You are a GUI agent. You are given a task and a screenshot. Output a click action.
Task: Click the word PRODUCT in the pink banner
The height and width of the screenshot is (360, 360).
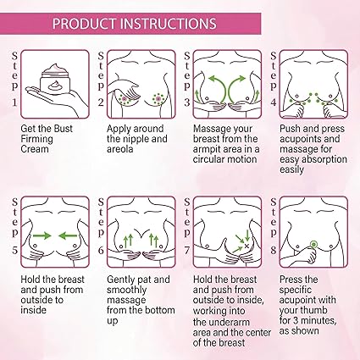(x=85, y=24)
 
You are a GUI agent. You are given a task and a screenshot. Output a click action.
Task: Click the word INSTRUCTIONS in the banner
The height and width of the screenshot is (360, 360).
(x=169, y=24)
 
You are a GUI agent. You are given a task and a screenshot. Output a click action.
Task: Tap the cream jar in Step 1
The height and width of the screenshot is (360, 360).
(x=54, y=80)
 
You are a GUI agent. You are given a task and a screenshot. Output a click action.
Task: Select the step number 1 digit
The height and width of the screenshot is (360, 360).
(x=14, y=102)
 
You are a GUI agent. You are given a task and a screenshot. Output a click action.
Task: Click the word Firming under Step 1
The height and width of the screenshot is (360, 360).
(x=36, y=139)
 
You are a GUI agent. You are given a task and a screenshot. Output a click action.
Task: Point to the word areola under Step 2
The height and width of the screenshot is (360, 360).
(x=119, y=149)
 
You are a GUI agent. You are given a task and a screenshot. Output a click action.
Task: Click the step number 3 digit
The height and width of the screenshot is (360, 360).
(x=187, y=102)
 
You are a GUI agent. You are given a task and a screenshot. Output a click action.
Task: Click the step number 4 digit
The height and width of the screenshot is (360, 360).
(x=274, y=102)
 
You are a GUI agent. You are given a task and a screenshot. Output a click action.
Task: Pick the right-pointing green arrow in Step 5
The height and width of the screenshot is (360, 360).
(x=42, y=235)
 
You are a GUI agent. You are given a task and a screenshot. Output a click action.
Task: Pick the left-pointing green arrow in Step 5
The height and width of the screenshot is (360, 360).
(x=68, y=235)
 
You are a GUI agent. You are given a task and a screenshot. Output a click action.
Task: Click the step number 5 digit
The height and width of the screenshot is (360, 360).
(x=14, y=250)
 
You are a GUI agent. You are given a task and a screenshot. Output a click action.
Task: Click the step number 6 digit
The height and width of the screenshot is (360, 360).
(x=101, y=250)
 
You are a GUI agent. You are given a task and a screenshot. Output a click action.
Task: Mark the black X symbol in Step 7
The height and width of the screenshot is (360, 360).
(x=246, y=246)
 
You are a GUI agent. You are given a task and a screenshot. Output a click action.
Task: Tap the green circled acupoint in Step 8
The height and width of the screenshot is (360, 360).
(x=313, y=244)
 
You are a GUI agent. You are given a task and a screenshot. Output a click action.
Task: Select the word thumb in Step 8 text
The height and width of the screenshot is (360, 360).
(x=315, y=310)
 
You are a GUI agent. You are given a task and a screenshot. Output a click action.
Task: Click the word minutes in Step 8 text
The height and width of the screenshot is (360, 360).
(x=318, y=321)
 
